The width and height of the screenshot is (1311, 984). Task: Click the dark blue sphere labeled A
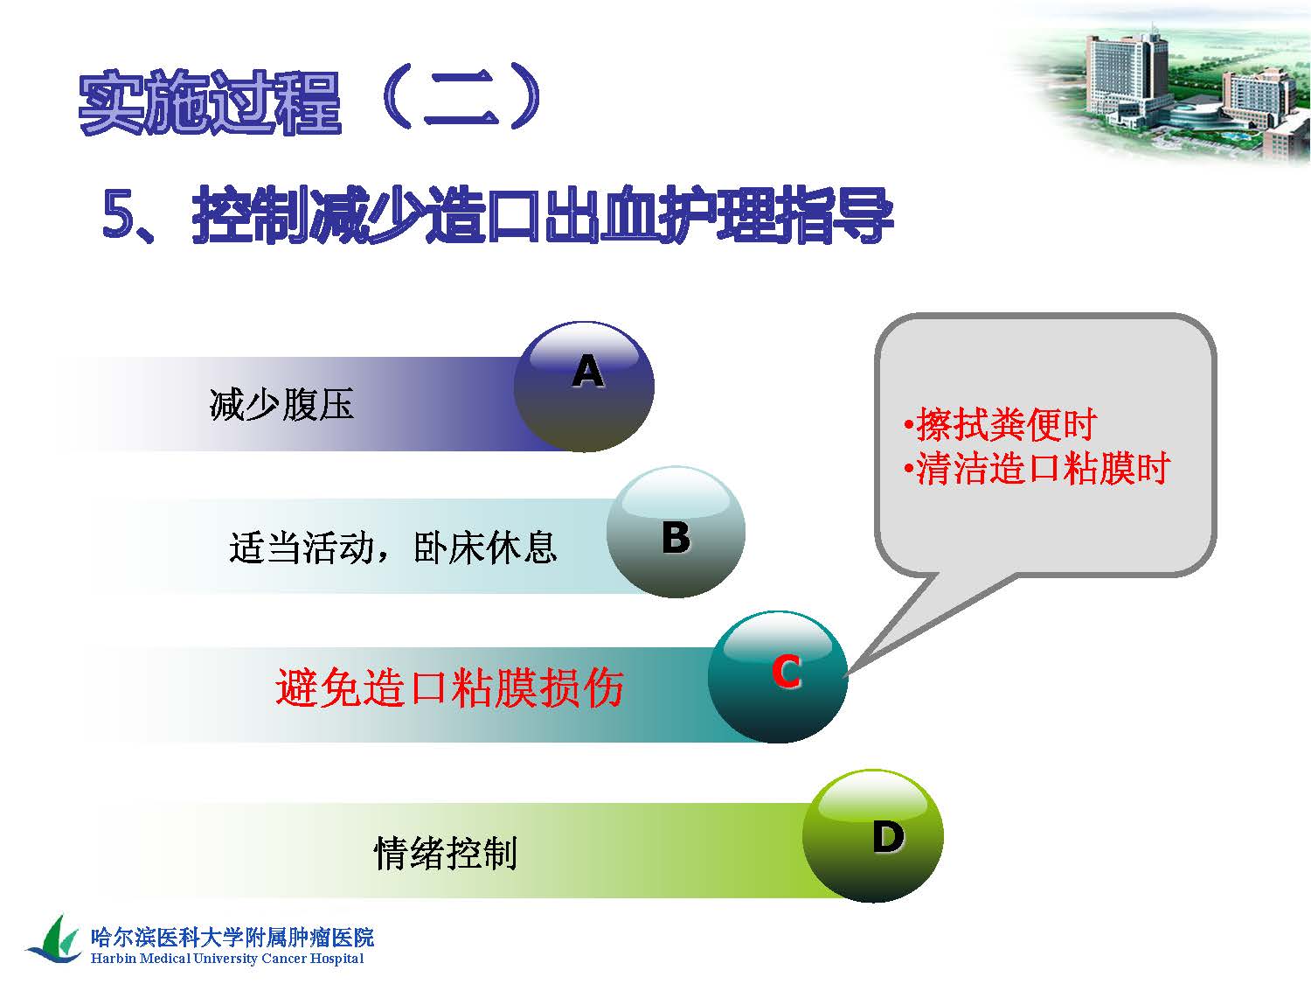coord(584,387)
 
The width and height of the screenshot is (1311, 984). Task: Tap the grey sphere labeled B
coord(676,531)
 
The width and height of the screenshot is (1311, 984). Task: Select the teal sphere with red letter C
coord(778,676)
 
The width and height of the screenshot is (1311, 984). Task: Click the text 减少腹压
coord(281,404)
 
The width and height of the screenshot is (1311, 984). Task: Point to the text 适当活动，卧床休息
coord(393,548)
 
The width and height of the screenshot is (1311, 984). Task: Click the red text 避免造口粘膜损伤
coord(450,687)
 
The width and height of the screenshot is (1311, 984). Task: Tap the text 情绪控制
coord(445,853)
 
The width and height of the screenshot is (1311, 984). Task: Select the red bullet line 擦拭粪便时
coord(1001,424)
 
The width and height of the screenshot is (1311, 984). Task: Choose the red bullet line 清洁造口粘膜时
coord(1037,468)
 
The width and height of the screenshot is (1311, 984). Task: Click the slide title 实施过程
coord(210,101)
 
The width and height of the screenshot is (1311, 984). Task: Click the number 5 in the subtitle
coord(118,214)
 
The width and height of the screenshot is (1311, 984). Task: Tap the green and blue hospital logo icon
coord(54,939)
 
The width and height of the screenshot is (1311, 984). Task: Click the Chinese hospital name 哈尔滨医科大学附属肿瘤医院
coord(232,937)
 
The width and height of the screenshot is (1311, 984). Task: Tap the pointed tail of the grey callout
coord(847,674)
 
